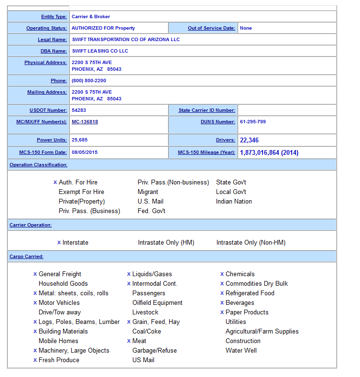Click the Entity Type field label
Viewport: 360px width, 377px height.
(x=54, y=17)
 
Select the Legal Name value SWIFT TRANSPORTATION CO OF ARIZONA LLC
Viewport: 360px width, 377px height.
(x=126, y=40)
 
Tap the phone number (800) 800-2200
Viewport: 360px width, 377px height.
(x=89, y=81)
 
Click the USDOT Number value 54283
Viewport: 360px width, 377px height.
(x=79, y=110)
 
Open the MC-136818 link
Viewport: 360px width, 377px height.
(x=85, y=122)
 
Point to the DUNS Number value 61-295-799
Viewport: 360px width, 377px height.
(x=253, y=122)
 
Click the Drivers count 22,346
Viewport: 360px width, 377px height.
(x=250, y=140)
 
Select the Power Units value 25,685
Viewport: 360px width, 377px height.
(x=80, y=140)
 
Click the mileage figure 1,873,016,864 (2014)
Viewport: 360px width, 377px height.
(x=269, y=152)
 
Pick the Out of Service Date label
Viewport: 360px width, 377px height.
(x=211, y=28)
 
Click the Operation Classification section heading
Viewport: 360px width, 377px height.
(x=38, y=165)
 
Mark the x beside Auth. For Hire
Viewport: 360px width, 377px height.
(x=55, y=183)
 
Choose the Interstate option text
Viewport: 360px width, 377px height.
(x=76, y=243)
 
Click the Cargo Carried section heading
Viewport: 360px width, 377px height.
(x=26, y=257)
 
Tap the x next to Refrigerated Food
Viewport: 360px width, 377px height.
(x=222, y=293)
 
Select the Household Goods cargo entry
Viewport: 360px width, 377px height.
(x=63, y=284)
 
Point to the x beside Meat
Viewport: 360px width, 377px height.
(x=129, y=341)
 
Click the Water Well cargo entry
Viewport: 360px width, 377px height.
(x=241, y=351)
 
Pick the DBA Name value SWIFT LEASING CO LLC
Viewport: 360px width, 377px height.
(x=100, y=51)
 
